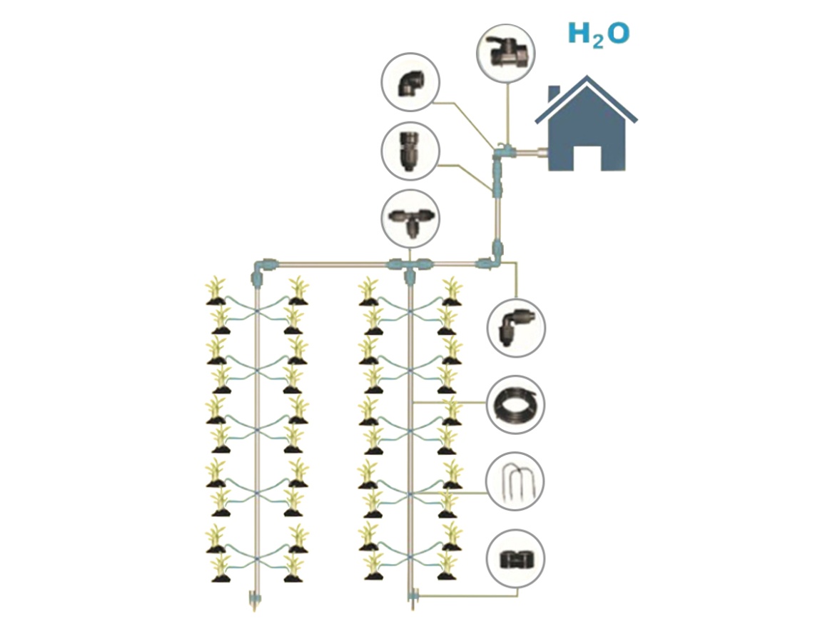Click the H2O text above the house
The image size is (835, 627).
tap(598, 34)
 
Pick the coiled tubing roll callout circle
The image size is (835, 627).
tap(515, 404)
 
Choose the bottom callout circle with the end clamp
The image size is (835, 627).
tap(515, 558)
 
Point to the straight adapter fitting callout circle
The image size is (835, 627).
tap(410, 151)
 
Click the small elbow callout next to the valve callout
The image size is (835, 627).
tap(410, 81)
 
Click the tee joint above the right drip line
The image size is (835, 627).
tap(409, 265)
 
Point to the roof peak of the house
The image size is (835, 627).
tap(587, 79)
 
